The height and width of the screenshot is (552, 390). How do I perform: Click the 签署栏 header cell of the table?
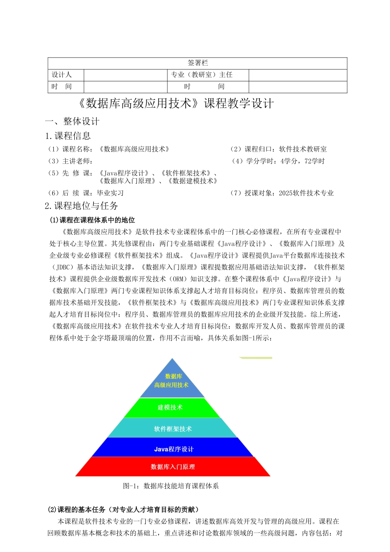pos(197,63)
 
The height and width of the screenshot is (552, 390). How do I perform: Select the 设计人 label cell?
pos(62,75)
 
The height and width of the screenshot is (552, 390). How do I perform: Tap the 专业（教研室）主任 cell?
pos(202,75)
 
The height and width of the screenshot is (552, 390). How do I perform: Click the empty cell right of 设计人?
pos(125,75)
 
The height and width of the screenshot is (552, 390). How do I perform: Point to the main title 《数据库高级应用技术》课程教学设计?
pos(175,103)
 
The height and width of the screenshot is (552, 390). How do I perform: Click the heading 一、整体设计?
pos(72,121)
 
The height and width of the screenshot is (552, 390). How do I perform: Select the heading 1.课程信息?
pos(68,136)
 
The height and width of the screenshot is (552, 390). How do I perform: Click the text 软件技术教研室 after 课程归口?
pos(303,149)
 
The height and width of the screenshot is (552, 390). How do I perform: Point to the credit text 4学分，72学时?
pos(303,161)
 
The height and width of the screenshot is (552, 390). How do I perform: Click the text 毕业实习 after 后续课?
pos(110,193)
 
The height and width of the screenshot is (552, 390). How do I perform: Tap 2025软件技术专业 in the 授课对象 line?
pos(306,193)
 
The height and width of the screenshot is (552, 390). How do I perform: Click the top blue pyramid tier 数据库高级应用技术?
pos(172,381)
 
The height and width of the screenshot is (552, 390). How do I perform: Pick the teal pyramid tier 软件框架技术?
pos(172,429)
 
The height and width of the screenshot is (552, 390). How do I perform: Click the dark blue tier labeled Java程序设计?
pos(173,449)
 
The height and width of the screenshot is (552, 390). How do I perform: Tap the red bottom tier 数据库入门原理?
pos(173,467)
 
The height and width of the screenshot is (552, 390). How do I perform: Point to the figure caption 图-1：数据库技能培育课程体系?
pos(171,486)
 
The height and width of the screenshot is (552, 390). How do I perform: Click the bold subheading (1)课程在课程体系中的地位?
pos(92,220)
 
